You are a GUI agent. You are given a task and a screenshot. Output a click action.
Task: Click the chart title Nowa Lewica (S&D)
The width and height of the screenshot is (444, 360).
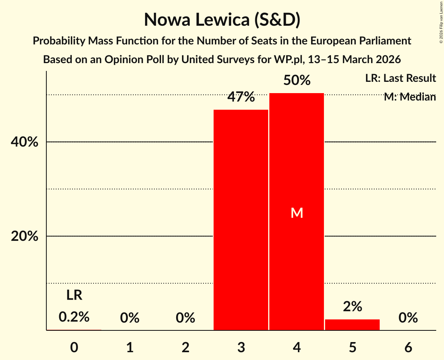[222, 20]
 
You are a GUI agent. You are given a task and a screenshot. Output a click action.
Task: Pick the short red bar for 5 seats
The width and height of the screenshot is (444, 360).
[352, 325]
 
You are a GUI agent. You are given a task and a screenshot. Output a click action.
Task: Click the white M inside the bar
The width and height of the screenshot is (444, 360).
[297, 213]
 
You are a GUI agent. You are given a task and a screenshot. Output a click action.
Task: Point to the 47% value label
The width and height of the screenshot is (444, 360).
[241, 97]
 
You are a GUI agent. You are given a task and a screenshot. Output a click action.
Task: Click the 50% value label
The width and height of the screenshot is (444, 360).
[297, 80]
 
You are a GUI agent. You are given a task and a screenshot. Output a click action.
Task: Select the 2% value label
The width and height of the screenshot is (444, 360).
[352, 307]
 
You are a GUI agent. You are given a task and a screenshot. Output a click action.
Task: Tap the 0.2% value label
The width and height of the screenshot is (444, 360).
[74, 317]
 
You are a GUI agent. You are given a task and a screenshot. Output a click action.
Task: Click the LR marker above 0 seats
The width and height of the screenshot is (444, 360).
[74, 295]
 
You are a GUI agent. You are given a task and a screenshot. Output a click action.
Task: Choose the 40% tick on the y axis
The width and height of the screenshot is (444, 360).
[24, 142]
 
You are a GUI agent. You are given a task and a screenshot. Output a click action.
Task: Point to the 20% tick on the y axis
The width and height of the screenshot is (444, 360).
[24, 236]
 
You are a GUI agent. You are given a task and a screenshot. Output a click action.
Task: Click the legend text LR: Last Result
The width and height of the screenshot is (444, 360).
[400, 78]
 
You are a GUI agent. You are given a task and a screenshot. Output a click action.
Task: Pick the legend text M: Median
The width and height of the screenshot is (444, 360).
[410, 97]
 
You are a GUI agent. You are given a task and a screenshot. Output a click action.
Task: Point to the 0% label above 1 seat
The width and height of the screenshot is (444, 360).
[130, 318]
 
